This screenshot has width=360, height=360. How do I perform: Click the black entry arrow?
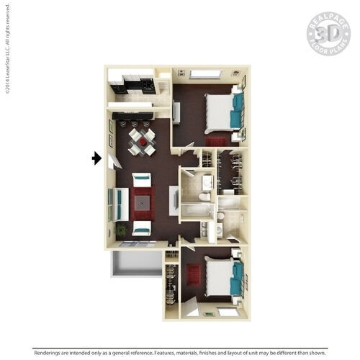pyautogui.click(x=96, y=158)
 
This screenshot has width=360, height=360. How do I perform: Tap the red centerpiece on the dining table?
pyautogui.click(x=142, y=142)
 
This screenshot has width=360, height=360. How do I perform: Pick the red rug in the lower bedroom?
pyautogui.click(x=194, y=274)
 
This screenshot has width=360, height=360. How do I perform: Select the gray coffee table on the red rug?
pyautogui.click(x=142, y=204)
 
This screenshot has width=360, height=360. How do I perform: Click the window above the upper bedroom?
pyautogui.click(x=204, y=74)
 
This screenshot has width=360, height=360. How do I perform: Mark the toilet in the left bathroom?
pyautogui.click(x=204, y=196)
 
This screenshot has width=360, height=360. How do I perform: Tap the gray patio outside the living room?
pyautogui.click(x=136, y=264)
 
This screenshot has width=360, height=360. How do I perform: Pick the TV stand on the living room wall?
pyautogui.click(x=174, y=199)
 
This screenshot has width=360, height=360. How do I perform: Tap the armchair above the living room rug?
pyautogui.click(x=142, y=179)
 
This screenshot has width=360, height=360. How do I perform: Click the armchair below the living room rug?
pyautogui.click(x=142, y=229)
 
